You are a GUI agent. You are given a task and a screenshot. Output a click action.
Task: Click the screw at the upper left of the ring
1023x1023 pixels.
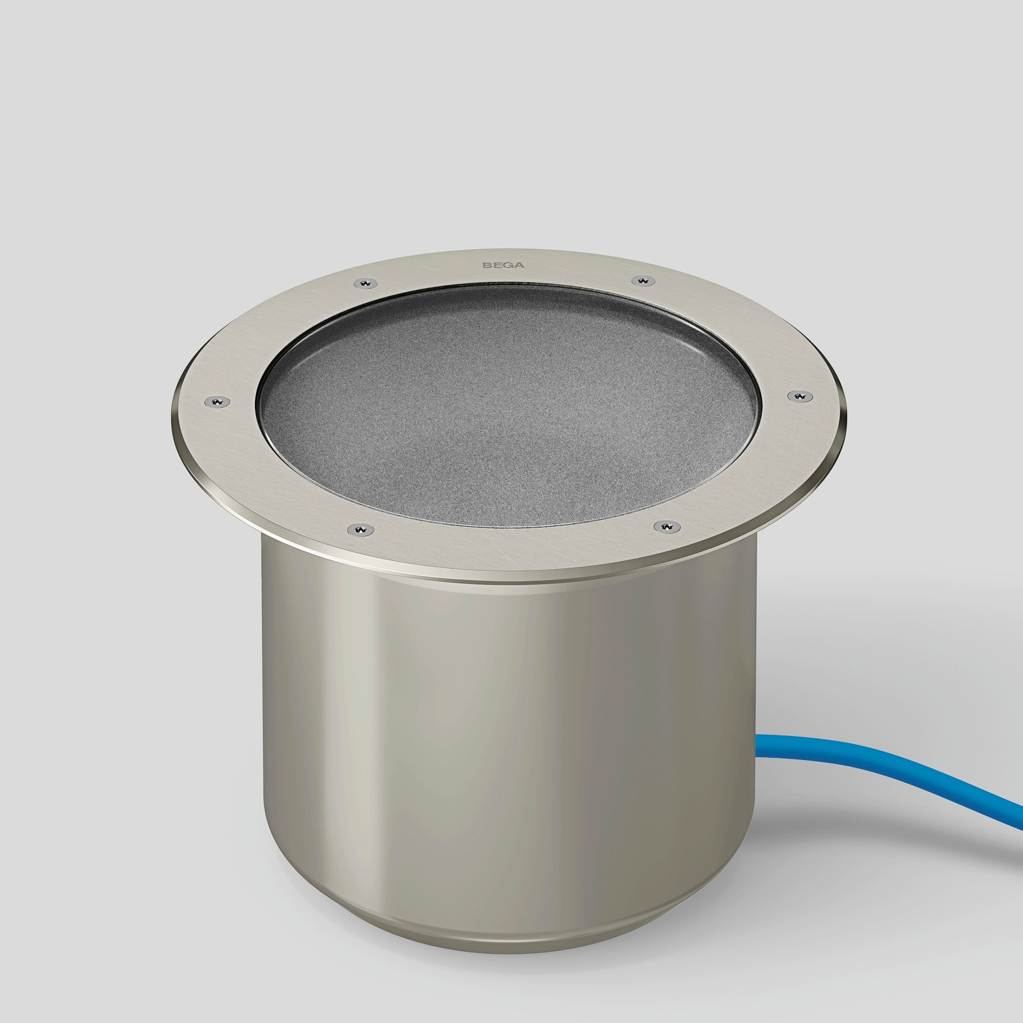367,283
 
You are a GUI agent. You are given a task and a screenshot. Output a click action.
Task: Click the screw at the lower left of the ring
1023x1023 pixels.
358,529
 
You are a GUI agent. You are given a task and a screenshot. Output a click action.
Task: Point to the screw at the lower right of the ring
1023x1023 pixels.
666,526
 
